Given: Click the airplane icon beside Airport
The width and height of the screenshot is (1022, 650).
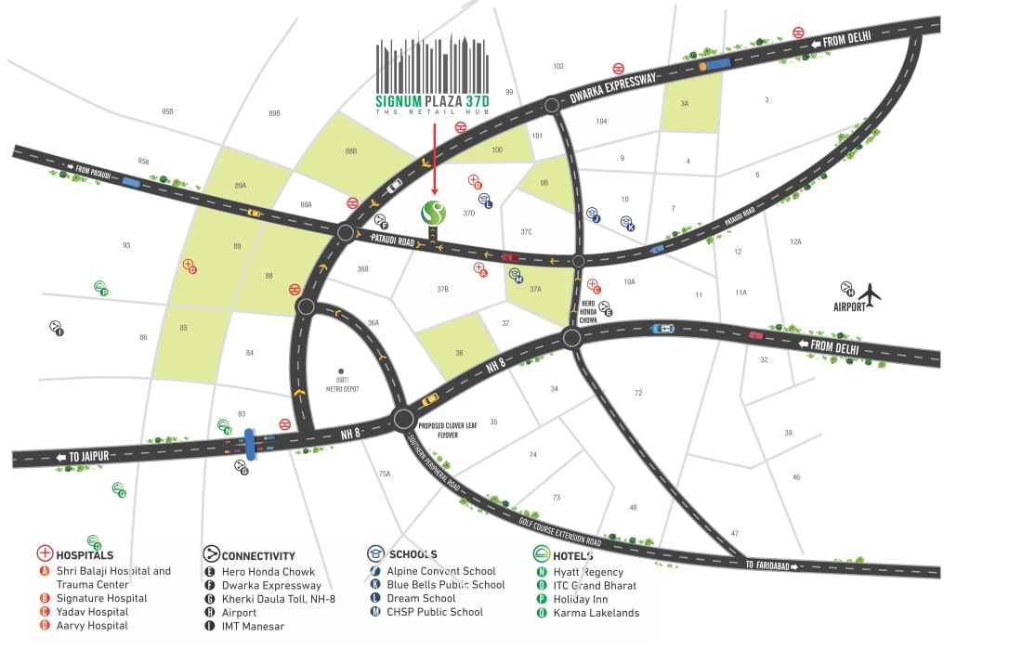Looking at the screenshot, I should click(870, 295).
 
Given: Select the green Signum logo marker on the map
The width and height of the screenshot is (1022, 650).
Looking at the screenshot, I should click(434, 213).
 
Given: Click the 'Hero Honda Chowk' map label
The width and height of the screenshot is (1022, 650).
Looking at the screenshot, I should click(588, 311).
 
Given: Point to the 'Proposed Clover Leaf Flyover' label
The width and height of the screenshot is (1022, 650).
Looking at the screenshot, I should click(451, 430).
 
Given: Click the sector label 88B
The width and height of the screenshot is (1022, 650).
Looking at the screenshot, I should click(351, 150).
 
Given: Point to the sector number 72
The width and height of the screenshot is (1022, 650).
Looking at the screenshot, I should click(638, 394).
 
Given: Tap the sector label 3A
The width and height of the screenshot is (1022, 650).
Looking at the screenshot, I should click(685, 104).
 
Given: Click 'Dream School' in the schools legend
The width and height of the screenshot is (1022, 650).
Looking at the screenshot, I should click(422, 599).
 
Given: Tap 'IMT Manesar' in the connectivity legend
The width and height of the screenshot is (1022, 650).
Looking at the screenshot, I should click(253, 627).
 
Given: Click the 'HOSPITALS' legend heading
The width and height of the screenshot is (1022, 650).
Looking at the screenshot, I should click(85, 555).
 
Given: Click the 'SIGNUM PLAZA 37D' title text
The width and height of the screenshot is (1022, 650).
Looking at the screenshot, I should click(432, 100).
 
